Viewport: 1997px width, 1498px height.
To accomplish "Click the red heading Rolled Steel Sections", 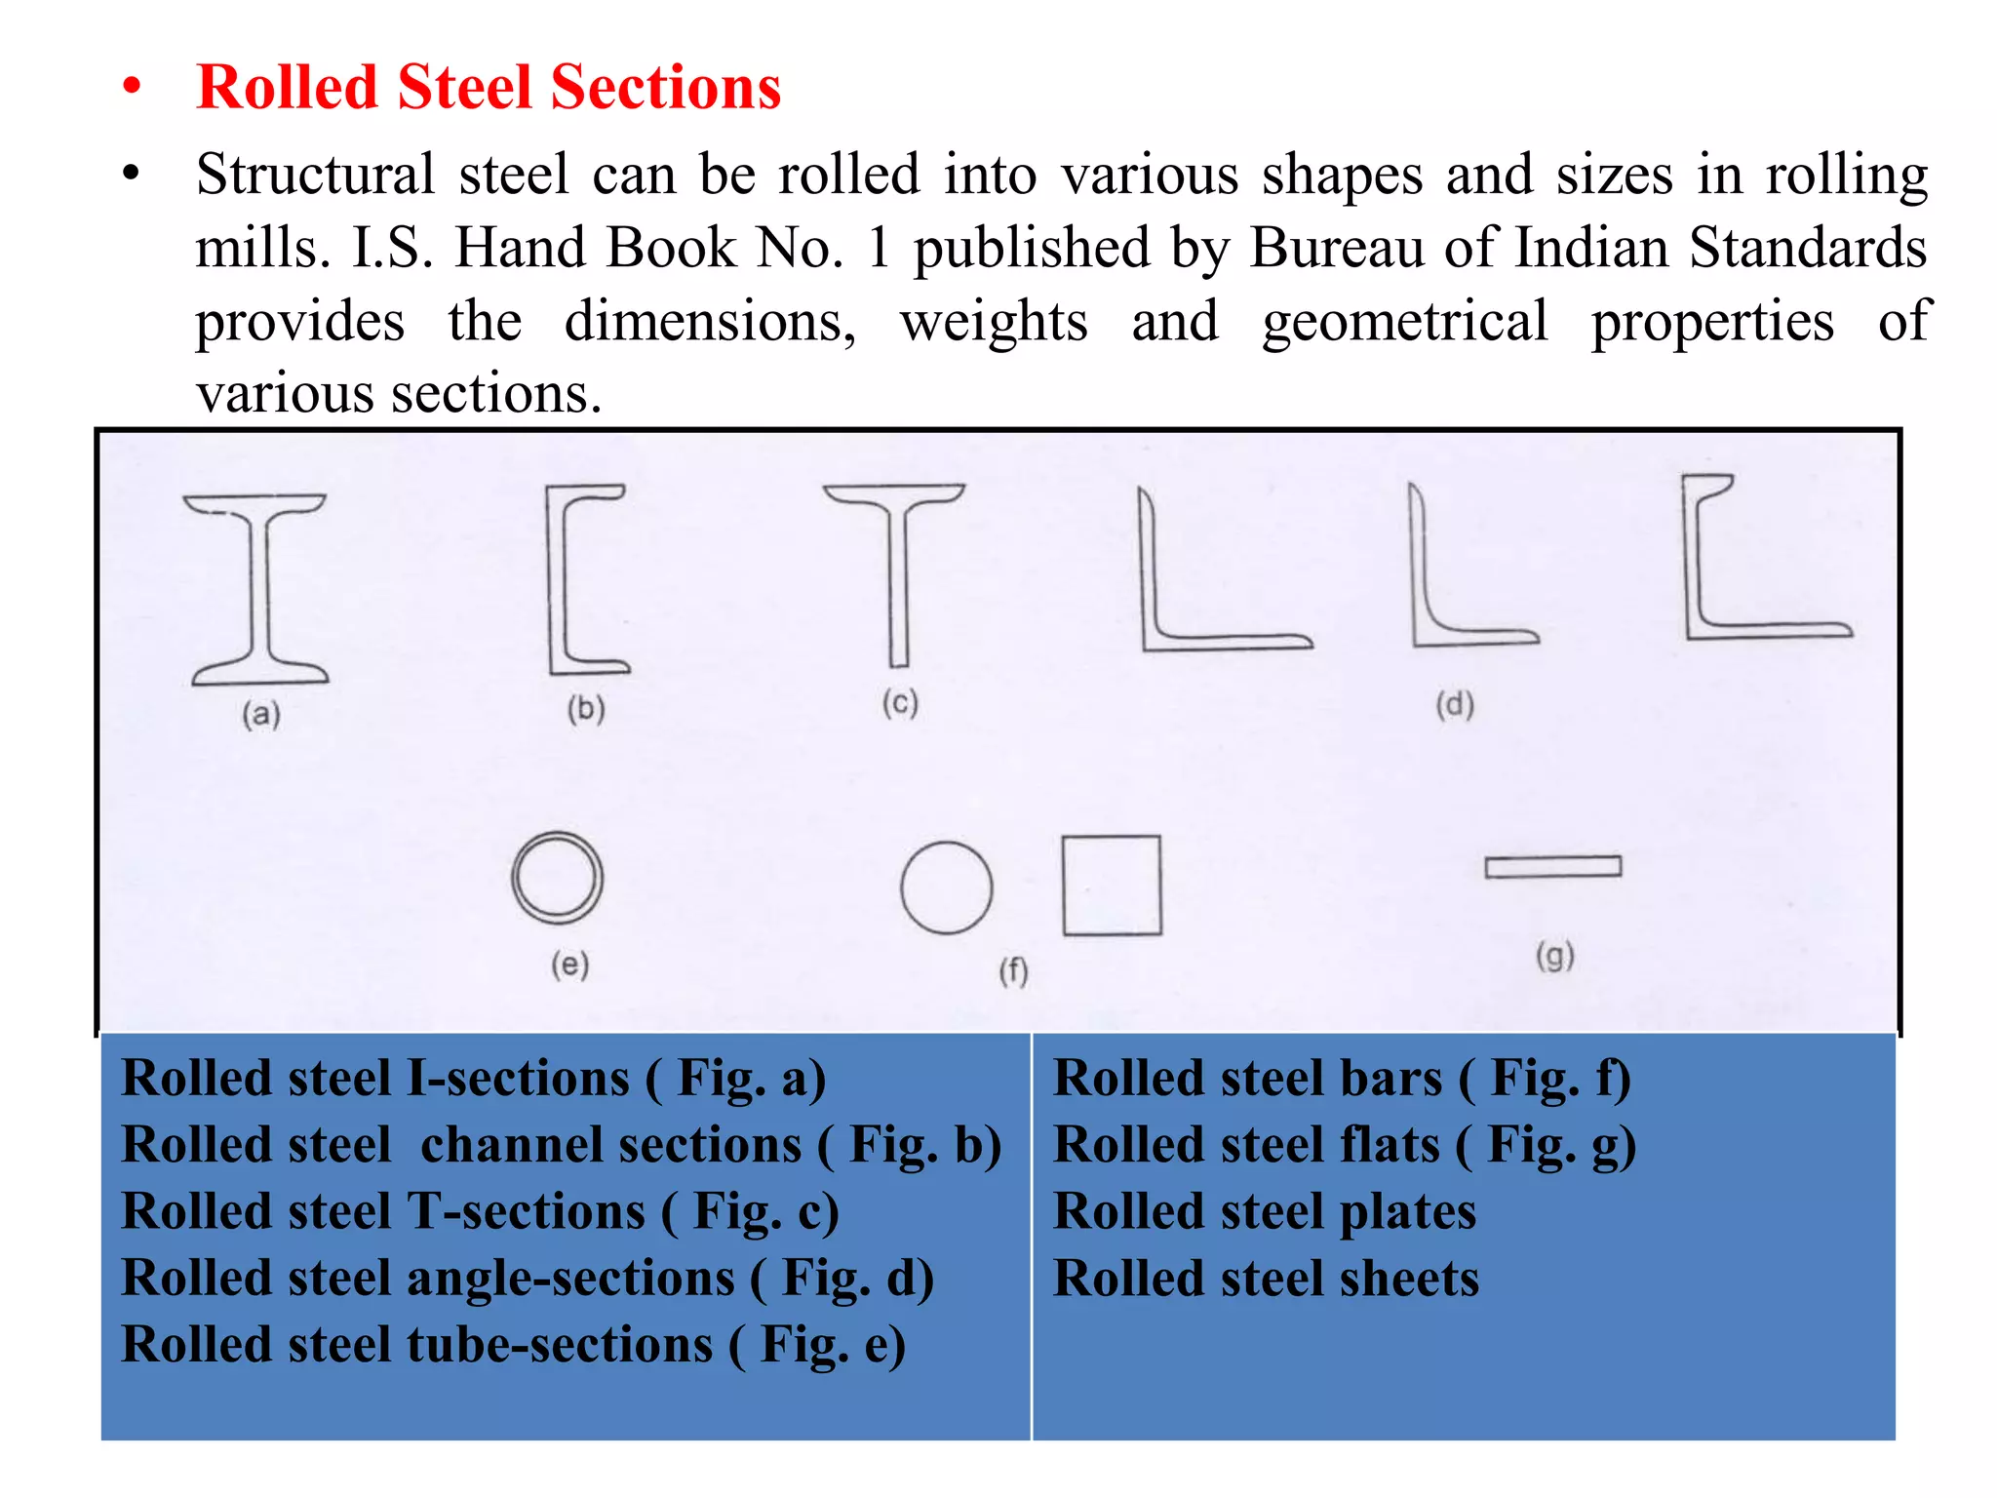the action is tap(488, 88).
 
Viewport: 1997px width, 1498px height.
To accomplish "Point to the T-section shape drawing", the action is tap(898, 575).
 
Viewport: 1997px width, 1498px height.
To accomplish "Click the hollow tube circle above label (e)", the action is tap(557, 878).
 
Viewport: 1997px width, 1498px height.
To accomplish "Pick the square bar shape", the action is tap(1112, 886).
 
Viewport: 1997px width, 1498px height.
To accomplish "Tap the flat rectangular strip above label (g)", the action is tap(1552, 867).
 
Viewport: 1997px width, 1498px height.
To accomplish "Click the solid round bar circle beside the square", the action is tap(946, 887).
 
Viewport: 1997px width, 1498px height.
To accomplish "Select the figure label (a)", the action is tap(261, 714).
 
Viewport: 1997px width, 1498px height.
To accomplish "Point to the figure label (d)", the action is tap(1454, 704).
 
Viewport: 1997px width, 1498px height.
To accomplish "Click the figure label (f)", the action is tap(1013, 970).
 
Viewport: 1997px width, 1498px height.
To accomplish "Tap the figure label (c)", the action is tap(900, 703).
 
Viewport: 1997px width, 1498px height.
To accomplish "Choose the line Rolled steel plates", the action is tap(1265, 1212).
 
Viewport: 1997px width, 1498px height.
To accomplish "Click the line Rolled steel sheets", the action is tap(1266, 1279).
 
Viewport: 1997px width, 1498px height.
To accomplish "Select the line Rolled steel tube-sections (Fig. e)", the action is tap(513, 1345).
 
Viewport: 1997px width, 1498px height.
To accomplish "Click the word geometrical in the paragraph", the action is tap(1404, 321).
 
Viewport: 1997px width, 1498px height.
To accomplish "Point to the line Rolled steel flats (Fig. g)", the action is tap(1344, 1145).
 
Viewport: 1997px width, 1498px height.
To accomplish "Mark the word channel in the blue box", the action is tap(610, 1145).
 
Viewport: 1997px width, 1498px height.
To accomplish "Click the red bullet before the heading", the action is tap(132, 88).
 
